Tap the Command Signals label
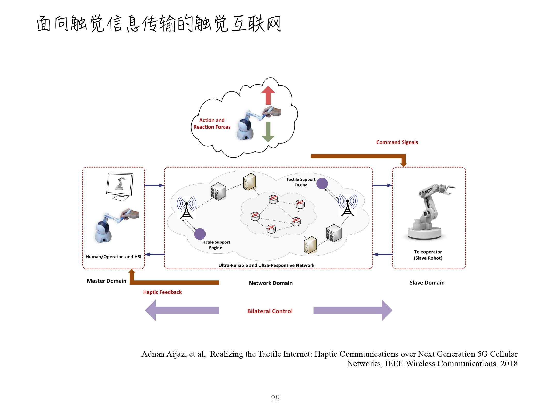(x=397, y=142)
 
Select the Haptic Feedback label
(x=162, y=292)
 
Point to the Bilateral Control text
(x=270, y=311)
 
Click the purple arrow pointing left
(x=182, y=310)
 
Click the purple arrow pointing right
(x=353, y=310)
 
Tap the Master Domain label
(x=106, y=281)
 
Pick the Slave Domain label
(x=427, y=283)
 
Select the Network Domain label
(x=271, y=283)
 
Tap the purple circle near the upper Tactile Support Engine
(x=322, y=184)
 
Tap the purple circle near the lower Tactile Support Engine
(x=200, y=234)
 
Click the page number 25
(x=275, y=398)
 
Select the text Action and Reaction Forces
(x=212, y=124)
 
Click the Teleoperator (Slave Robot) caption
(x=428, y=255)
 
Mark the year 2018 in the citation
(x=509, y=363)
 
